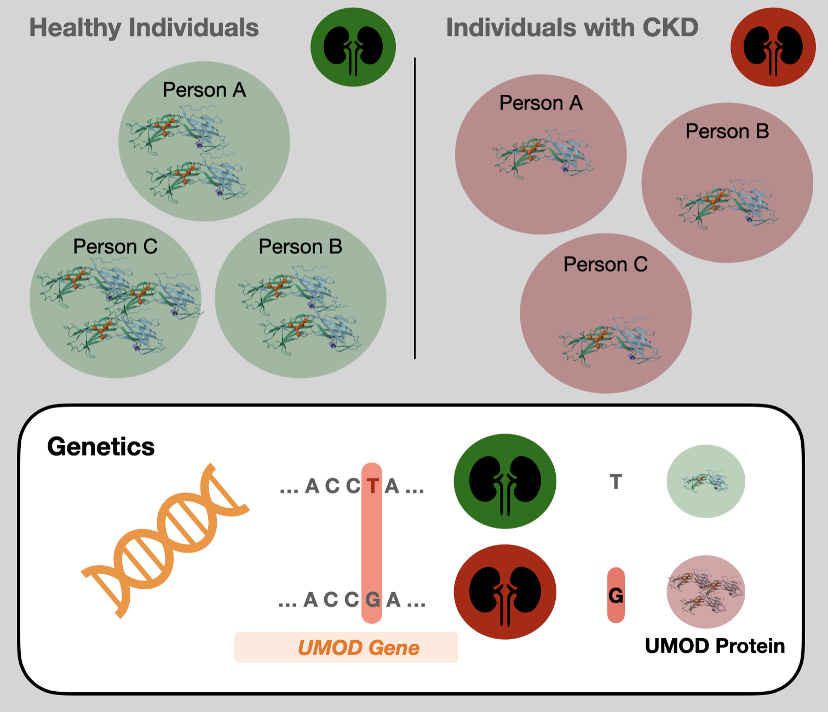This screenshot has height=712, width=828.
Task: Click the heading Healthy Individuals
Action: (143, 27)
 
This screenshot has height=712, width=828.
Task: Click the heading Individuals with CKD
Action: (572, 27)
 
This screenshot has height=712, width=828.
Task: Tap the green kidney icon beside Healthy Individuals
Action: (353, 47)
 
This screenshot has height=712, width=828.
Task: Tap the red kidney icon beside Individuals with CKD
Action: (773, 47)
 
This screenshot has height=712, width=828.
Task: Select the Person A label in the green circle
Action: (204, 90)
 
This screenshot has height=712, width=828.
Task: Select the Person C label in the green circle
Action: (115, 246)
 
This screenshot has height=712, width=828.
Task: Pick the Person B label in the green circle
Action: (300, 246)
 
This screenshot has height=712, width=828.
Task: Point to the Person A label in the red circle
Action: (540, 103)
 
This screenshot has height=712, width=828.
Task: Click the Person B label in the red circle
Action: (727, 131)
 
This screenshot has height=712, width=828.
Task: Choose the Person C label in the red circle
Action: (605, 265)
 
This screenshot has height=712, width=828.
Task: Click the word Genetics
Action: (101, 446)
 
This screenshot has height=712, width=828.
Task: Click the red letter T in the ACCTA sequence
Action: (372, 486)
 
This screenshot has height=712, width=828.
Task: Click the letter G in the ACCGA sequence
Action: (372, 600)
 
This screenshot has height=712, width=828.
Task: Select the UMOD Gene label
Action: (358, 648)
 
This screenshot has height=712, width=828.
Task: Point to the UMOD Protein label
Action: (715, 646)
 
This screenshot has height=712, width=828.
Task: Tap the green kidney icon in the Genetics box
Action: (505, 481)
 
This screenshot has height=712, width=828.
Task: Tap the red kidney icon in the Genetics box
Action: (505, 592)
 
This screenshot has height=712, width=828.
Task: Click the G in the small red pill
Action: (616, 595)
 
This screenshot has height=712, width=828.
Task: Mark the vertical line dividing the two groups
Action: (415, 208)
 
